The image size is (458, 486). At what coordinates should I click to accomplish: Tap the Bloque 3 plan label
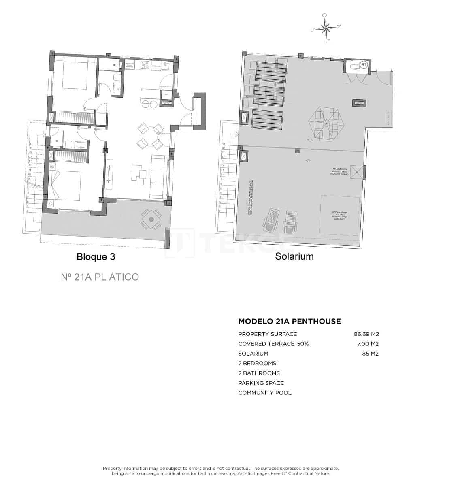96,257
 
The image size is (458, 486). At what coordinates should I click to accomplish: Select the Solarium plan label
294,256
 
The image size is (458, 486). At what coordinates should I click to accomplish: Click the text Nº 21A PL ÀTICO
100,277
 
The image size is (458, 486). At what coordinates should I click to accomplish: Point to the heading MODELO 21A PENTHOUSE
290,322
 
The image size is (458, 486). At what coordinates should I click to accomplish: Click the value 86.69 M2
366,334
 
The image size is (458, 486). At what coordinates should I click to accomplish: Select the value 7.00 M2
367,344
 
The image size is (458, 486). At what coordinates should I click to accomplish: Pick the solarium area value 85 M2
370,354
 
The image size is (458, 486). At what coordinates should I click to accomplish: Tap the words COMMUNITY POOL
265,393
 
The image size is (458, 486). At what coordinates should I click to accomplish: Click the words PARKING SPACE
261,383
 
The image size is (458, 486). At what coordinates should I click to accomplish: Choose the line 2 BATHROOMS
259,373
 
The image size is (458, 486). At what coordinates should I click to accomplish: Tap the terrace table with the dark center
151,219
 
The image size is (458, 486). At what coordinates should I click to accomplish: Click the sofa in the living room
158,177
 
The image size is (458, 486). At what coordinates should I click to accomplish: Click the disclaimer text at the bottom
221,471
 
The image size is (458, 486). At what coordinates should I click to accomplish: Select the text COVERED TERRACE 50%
273,344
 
